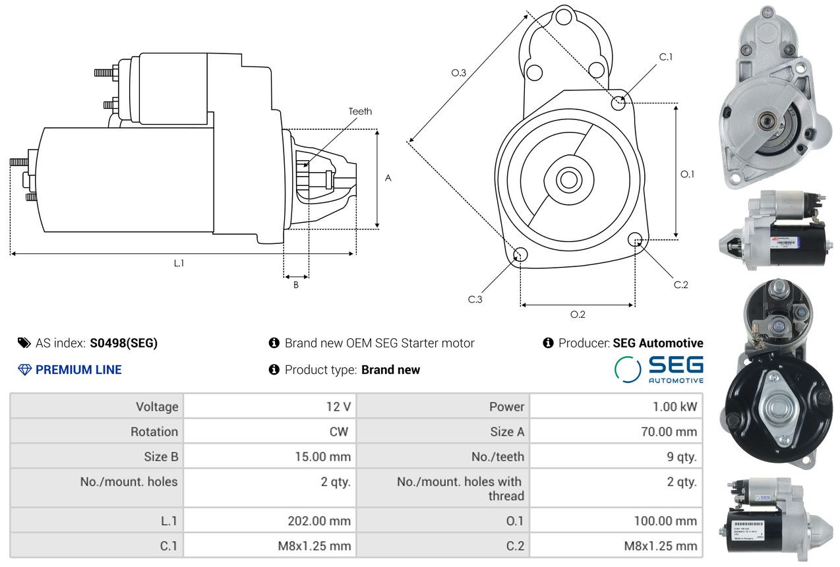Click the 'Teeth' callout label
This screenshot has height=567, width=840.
[360, 111]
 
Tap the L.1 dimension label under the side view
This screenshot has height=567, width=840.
[179, 263]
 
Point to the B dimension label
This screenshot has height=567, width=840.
[296, 285]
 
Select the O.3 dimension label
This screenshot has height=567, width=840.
[459, 73]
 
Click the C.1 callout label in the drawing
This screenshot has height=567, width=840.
[666, 57]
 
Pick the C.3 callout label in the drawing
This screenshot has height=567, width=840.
[475, 299]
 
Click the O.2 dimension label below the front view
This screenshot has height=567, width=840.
[578, 314]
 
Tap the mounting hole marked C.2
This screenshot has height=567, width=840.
[635, 239]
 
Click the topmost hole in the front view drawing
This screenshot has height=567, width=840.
[563, 17]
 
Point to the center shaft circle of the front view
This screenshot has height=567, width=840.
[568, 180]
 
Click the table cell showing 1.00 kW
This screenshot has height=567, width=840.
[616, 406]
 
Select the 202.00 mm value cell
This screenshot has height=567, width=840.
[270, 520]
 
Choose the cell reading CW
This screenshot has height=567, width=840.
[270, 431]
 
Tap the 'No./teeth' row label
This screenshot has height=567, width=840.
[498, 456]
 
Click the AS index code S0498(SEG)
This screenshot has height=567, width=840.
[124, 343]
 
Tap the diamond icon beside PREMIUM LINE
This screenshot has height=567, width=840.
[25, 370]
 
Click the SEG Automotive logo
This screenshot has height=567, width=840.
[659, 369]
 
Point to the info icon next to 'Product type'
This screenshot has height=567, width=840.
[274, 369]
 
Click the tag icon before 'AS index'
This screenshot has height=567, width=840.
[24, 343]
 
